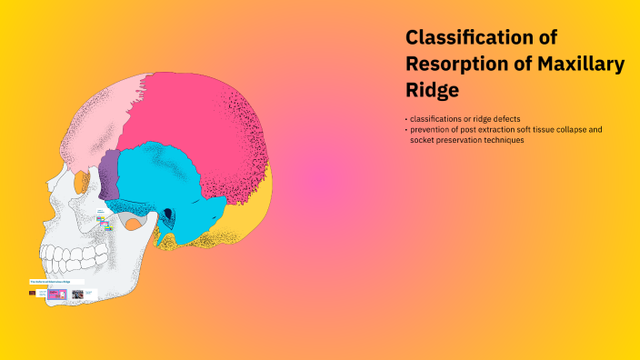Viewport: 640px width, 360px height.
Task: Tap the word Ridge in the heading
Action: [x=432, y=91]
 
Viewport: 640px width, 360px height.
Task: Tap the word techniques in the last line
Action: [x=505, y=140]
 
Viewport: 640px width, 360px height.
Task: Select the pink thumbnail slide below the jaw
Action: [x=57, y=295]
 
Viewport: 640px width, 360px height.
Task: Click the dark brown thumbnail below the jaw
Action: [x=33, y=294]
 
